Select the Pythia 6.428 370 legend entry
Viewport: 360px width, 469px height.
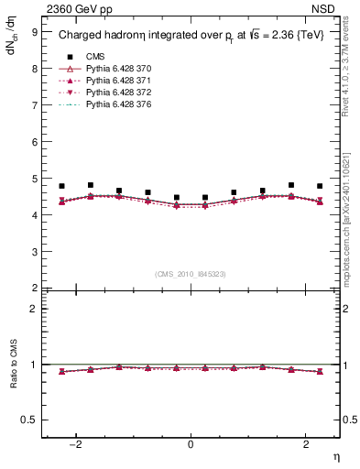click(114, 70)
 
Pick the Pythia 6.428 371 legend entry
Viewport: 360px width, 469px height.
click(114, 82)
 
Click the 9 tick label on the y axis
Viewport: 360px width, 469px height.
click(35, 31)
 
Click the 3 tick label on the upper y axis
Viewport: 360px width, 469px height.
click(35, 251)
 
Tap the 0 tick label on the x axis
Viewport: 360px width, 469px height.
click(191, 444)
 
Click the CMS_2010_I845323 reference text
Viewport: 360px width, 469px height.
click(191, 274)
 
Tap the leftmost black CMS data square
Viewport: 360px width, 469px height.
click(61, 186)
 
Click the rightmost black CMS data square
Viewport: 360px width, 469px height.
click(320, 186)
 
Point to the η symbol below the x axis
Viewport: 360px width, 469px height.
click(335, 455)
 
